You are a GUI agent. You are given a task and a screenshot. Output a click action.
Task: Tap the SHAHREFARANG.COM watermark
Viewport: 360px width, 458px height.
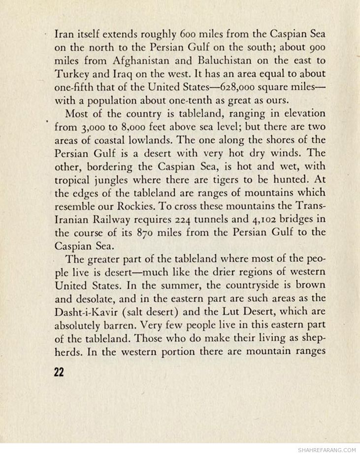[327, 450]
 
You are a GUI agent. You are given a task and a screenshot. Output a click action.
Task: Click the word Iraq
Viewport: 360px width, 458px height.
[112, 74]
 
